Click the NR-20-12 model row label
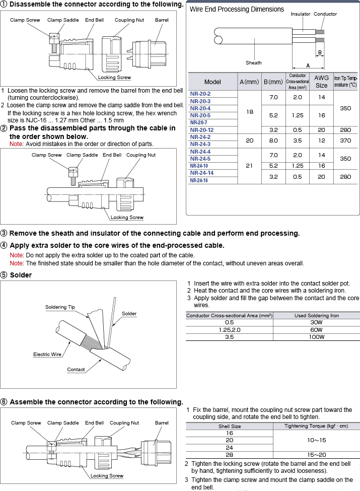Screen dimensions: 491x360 201,129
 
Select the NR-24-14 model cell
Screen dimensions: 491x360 201,173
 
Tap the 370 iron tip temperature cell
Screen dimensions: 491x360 345,141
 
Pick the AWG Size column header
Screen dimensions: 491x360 321,82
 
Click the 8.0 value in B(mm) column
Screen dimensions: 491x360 273,141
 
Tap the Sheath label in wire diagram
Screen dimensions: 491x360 254,63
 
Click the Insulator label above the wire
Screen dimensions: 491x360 301,14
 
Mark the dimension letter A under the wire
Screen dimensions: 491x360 308,65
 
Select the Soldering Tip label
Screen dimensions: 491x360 60,307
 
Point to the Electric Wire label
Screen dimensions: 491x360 47,355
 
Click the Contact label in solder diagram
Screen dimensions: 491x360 76,369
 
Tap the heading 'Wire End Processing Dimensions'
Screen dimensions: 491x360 237,9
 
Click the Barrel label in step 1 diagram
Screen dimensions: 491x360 162,20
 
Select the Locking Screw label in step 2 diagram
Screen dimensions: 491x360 127,218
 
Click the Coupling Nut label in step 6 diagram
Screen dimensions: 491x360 124,423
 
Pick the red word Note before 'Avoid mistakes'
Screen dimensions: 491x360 16,144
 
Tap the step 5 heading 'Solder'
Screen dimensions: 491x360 21,275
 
